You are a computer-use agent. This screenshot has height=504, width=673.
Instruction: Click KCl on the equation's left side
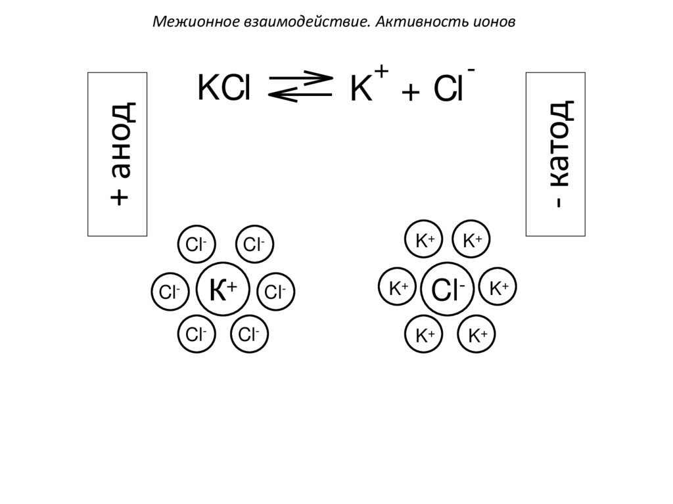point(224,89)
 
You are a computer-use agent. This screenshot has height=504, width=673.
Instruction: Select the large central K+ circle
point(223,290)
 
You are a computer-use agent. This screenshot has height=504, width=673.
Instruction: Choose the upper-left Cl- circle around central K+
point(196,245)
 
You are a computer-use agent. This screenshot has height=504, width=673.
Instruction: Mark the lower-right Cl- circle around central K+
point(249,334)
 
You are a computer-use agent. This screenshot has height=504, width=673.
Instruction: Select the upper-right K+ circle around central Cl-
point(473,241)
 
